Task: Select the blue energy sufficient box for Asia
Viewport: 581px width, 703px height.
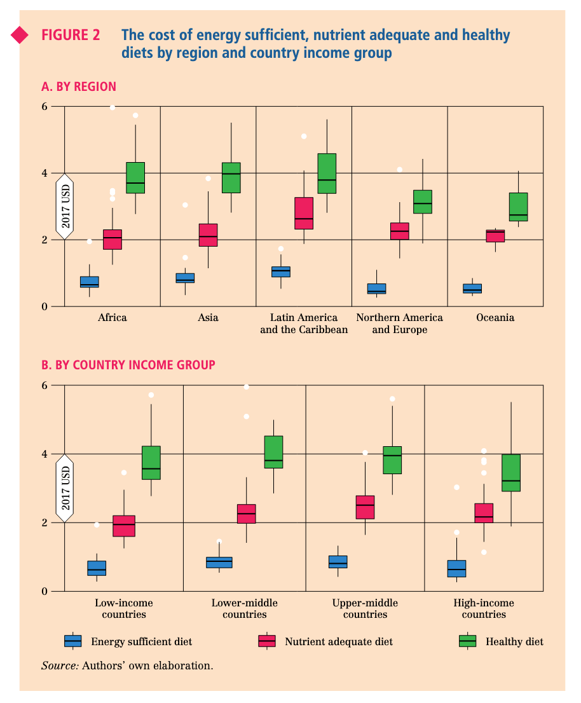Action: (185, 278)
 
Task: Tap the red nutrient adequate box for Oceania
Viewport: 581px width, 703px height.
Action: (495, 236)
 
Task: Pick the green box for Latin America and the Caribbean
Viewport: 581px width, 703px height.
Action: (327, 173)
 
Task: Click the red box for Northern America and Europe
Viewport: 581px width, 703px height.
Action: (399, 231)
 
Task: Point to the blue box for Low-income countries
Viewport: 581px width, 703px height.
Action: (97, 568)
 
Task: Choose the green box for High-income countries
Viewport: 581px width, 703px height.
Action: (511, 472)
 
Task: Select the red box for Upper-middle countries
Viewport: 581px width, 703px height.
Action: (365, 507)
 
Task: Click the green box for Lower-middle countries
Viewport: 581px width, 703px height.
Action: (273, 452)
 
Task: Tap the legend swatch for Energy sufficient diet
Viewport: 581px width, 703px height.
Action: (73, 641)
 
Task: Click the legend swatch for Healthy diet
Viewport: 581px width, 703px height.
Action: (468, 641)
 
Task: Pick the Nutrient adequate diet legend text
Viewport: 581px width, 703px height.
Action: (339, 641)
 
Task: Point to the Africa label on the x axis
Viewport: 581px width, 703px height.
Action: (113, 317)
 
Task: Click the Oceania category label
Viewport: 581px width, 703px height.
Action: (495, 317)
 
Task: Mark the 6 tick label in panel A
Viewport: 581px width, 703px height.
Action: (44, 106)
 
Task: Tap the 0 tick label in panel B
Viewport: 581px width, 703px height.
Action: (44, 591)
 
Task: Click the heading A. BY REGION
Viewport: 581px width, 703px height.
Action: (79, 86)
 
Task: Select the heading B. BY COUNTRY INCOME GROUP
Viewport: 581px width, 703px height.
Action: (128, 365)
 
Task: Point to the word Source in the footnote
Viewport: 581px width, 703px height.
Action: (60, 665)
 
